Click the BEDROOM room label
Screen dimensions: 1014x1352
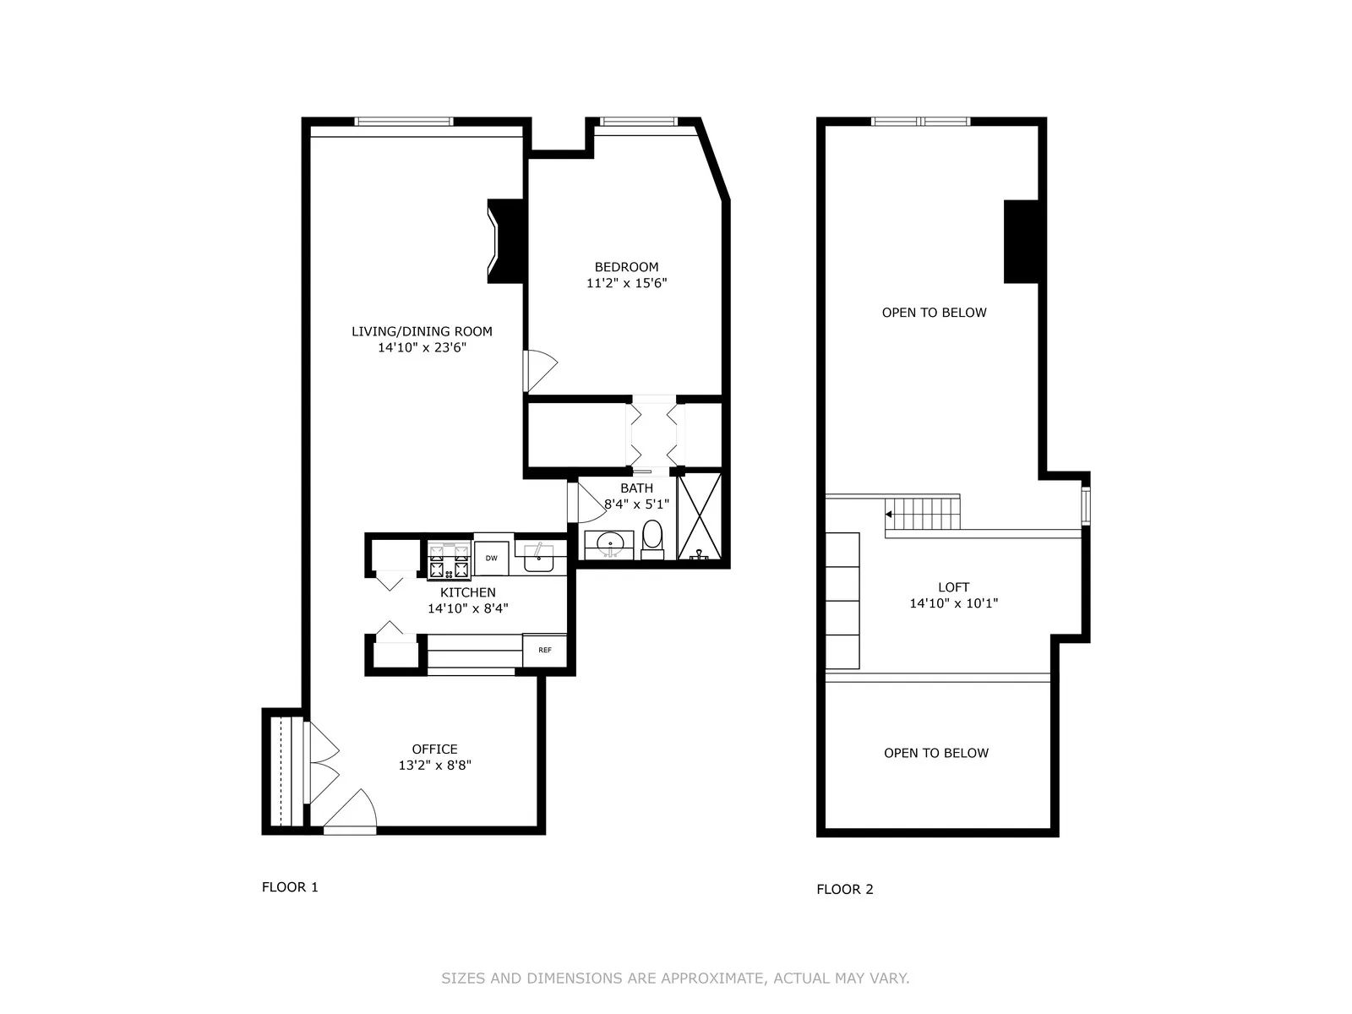coord(626,267)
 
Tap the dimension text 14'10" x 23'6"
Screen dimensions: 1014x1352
coord(422,347)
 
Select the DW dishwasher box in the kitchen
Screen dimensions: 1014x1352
coord(491,559)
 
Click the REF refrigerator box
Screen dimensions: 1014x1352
coord(545,650)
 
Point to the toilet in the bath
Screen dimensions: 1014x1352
coord(652,538)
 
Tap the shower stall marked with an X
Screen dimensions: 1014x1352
coord(700,515)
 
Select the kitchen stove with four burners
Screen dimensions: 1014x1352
coord(449,560)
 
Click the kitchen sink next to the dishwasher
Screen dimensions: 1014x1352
coord(538,558)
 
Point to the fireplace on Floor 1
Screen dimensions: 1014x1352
coord(505,241)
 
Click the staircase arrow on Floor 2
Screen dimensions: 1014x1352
coord(889,514)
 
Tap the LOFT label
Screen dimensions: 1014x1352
coord(953,587)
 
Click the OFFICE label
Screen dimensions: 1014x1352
coord(434,750)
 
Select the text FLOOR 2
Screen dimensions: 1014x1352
coord(844,889)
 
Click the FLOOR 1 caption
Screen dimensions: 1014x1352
coord(290,887)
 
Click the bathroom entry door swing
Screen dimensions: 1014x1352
coord(591,502)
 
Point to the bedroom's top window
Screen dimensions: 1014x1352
coord(638,122)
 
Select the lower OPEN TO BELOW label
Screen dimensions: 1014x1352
coord(935,753)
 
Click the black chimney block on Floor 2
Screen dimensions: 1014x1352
coord(1021,242)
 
